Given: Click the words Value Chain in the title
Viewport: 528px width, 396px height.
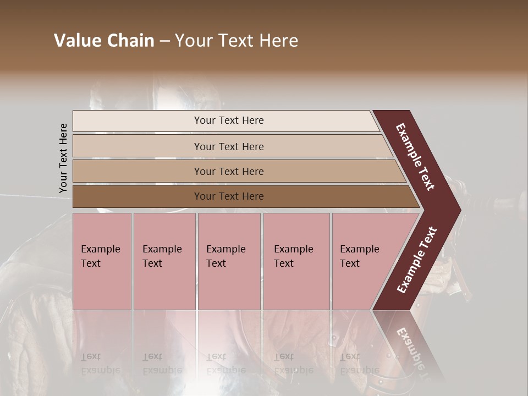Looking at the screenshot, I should pos(104,41).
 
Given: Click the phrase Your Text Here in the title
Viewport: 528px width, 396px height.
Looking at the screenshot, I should pos(237,41).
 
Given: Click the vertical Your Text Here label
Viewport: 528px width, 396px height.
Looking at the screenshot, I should pos(63,158).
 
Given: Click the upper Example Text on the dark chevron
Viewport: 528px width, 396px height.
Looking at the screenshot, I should pos(415,157).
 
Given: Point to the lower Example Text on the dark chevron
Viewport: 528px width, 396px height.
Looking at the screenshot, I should pos(417,260).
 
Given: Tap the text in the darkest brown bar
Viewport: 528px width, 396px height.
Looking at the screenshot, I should pos(229,196).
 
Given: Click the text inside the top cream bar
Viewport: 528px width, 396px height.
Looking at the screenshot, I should pos(229,120).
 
